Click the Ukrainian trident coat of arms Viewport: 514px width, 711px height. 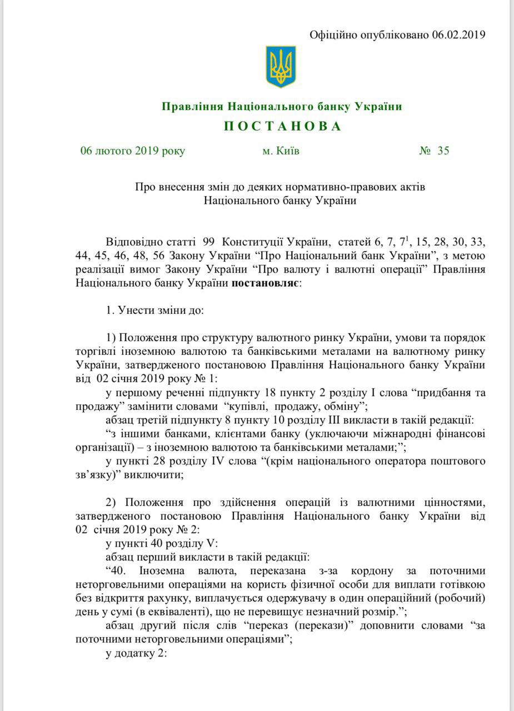pos(281,66)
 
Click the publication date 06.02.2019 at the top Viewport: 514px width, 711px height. pos(458,35)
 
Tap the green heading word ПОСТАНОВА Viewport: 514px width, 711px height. pos(282,127)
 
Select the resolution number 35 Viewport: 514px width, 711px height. pos(443,151)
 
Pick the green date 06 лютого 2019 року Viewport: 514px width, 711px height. pos(132,151)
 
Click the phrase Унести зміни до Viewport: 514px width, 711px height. pos(161,310)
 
